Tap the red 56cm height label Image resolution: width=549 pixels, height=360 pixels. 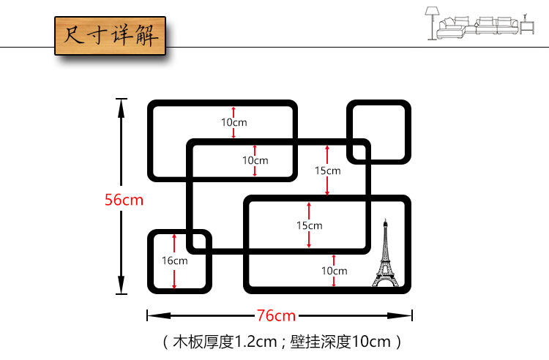pyautogui.click(x=124, y=199)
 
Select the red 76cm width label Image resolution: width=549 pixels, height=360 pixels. pyautogui.click(x=276, y=315)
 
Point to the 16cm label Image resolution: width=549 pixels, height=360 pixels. pyautogui.click(x=175, y=260)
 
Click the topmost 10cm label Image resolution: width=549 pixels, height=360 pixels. pyautogui.click(x=234, y=122)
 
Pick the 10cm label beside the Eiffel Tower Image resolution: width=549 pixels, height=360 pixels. pyautogui.click(x=334, y=271)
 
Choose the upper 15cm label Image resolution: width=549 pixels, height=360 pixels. pyautogui.click(x=328, y=170)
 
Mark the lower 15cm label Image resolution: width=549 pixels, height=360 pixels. pyautogui.click(x=309, y=225)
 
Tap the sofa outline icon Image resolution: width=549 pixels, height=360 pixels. pyautogui.click(x=477, y=26)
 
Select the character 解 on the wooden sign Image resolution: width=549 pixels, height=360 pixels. pyautogui.click(x=146, y=35)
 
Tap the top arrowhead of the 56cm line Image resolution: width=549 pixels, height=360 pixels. pyautogui.click(x=122, y=105)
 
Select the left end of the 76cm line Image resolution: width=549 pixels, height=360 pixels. pyautogui.click(x=149, y=315)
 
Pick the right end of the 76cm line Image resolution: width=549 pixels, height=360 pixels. pyautogui.click(x=412, y=315)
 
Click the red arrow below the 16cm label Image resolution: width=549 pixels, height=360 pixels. pyautogui.click(x=174, y=278)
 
